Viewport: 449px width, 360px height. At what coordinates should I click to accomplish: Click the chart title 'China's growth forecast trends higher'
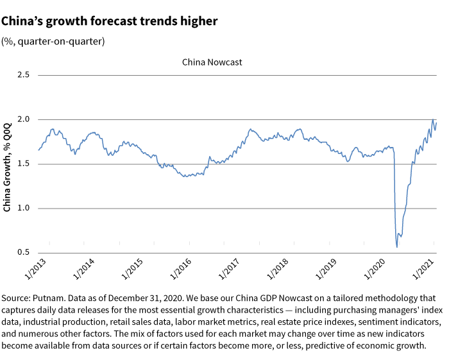tap(109, 21)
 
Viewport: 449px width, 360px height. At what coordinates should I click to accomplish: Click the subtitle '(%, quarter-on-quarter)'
tap(53, 41)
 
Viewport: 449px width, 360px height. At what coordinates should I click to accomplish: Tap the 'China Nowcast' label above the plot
tap(212, 62)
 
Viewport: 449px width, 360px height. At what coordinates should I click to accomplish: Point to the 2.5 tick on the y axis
tap(24, 75)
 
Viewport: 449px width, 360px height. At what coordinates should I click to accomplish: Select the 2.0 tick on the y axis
tap(24, 119)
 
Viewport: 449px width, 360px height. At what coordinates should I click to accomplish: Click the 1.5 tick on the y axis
tap(24, 164)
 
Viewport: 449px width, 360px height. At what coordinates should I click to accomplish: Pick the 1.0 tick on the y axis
tap(24, 209)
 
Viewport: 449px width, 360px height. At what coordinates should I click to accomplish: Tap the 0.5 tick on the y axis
tap(24, 253)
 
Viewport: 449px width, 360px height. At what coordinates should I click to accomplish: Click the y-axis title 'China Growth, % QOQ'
tap(7, 164)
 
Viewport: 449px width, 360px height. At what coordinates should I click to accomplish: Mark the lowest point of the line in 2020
tap(396, 247)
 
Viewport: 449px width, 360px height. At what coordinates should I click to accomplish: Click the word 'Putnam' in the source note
tap(49, 298)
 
